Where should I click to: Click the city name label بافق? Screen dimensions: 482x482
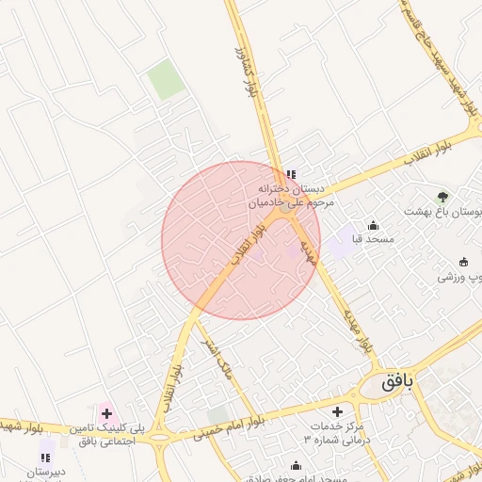coord(398,383)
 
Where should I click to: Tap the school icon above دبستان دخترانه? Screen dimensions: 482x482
coord(290,174)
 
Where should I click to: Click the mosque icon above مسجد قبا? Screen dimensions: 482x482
coord(374,225)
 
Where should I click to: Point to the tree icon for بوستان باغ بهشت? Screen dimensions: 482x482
coord(442,197)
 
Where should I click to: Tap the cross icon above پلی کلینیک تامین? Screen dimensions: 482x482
coord(106,413)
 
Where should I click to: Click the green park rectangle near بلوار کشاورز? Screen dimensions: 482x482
coord(167,79)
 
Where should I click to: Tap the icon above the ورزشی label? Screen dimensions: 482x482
coord(463,262)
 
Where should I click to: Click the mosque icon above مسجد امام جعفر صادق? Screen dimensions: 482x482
coord(297,465)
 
